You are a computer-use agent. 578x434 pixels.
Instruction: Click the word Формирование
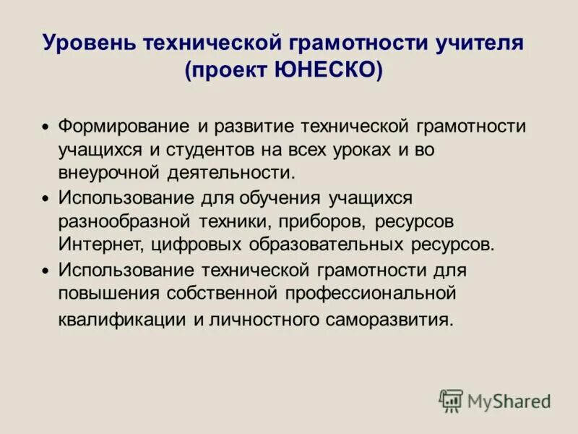(124, 127)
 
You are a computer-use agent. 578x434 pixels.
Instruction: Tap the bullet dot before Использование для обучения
(45, 198)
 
